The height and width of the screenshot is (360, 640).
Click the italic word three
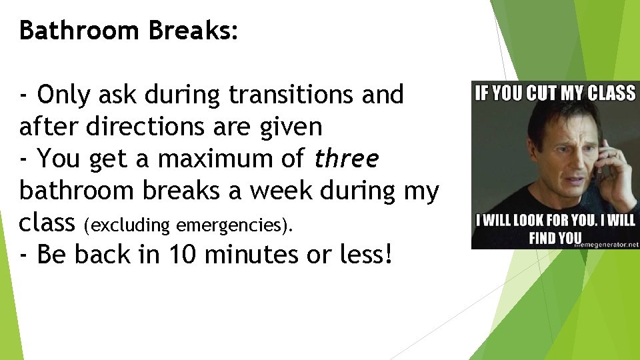(x=347, y=159)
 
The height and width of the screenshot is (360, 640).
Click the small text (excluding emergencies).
(x=189, y=225)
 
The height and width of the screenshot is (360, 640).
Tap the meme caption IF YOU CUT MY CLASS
(x=555, y=93)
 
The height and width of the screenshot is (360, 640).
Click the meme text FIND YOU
(x=555, y=237)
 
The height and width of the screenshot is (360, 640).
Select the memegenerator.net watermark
(x=609, y=244)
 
